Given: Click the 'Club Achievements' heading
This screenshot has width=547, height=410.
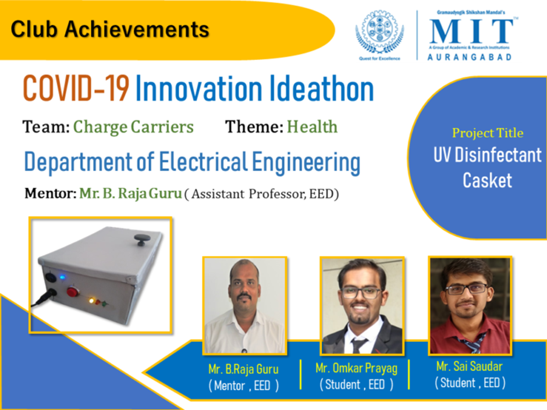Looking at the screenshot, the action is click(110, 29).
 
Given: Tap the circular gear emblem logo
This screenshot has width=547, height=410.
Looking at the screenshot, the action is click(379, 31).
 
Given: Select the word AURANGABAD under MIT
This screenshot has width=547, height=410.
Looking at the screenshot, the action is click(470, 57).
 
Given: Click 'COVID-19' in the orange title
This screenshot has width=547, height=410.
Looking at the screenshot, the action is click(76, 89).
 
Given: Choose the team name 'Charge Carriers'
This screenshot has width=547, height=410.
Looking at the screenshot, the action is click(133, 127).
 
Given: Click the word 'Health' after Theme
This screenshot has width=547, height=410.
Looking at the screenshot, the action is click(312, 127).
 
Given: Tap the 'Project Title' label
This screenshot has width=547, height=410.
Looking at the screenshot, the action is click(488, 133).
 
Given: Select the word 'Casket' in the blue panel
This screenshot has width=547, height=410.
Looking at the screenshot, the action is click(487, 181).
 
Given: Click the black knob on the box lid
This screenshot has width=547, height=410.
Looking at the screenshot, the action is click(141, 240).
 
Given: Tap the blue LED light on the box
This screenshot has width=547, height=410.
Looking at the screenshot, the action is click(62, 278).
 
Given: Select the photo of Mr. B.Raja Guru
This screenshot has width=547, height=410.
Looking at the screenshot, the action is click(245, 306).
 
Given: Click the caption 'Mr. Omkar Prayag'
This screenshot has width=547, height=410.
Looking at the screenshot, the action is click(357, 369).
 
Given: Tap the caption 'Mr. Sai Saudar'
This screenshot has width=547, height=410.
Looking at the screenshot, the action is click(470, 366).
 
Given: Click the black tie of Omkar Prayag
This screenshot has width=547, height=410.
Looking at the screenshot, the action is click(358, 345).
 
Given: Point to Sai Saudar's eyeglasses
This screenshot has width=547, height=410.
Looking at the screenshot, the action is click(467, 288).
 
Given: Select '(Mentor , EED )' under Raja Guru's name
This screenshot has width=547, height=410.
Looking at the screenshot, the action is click(243, 386).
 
